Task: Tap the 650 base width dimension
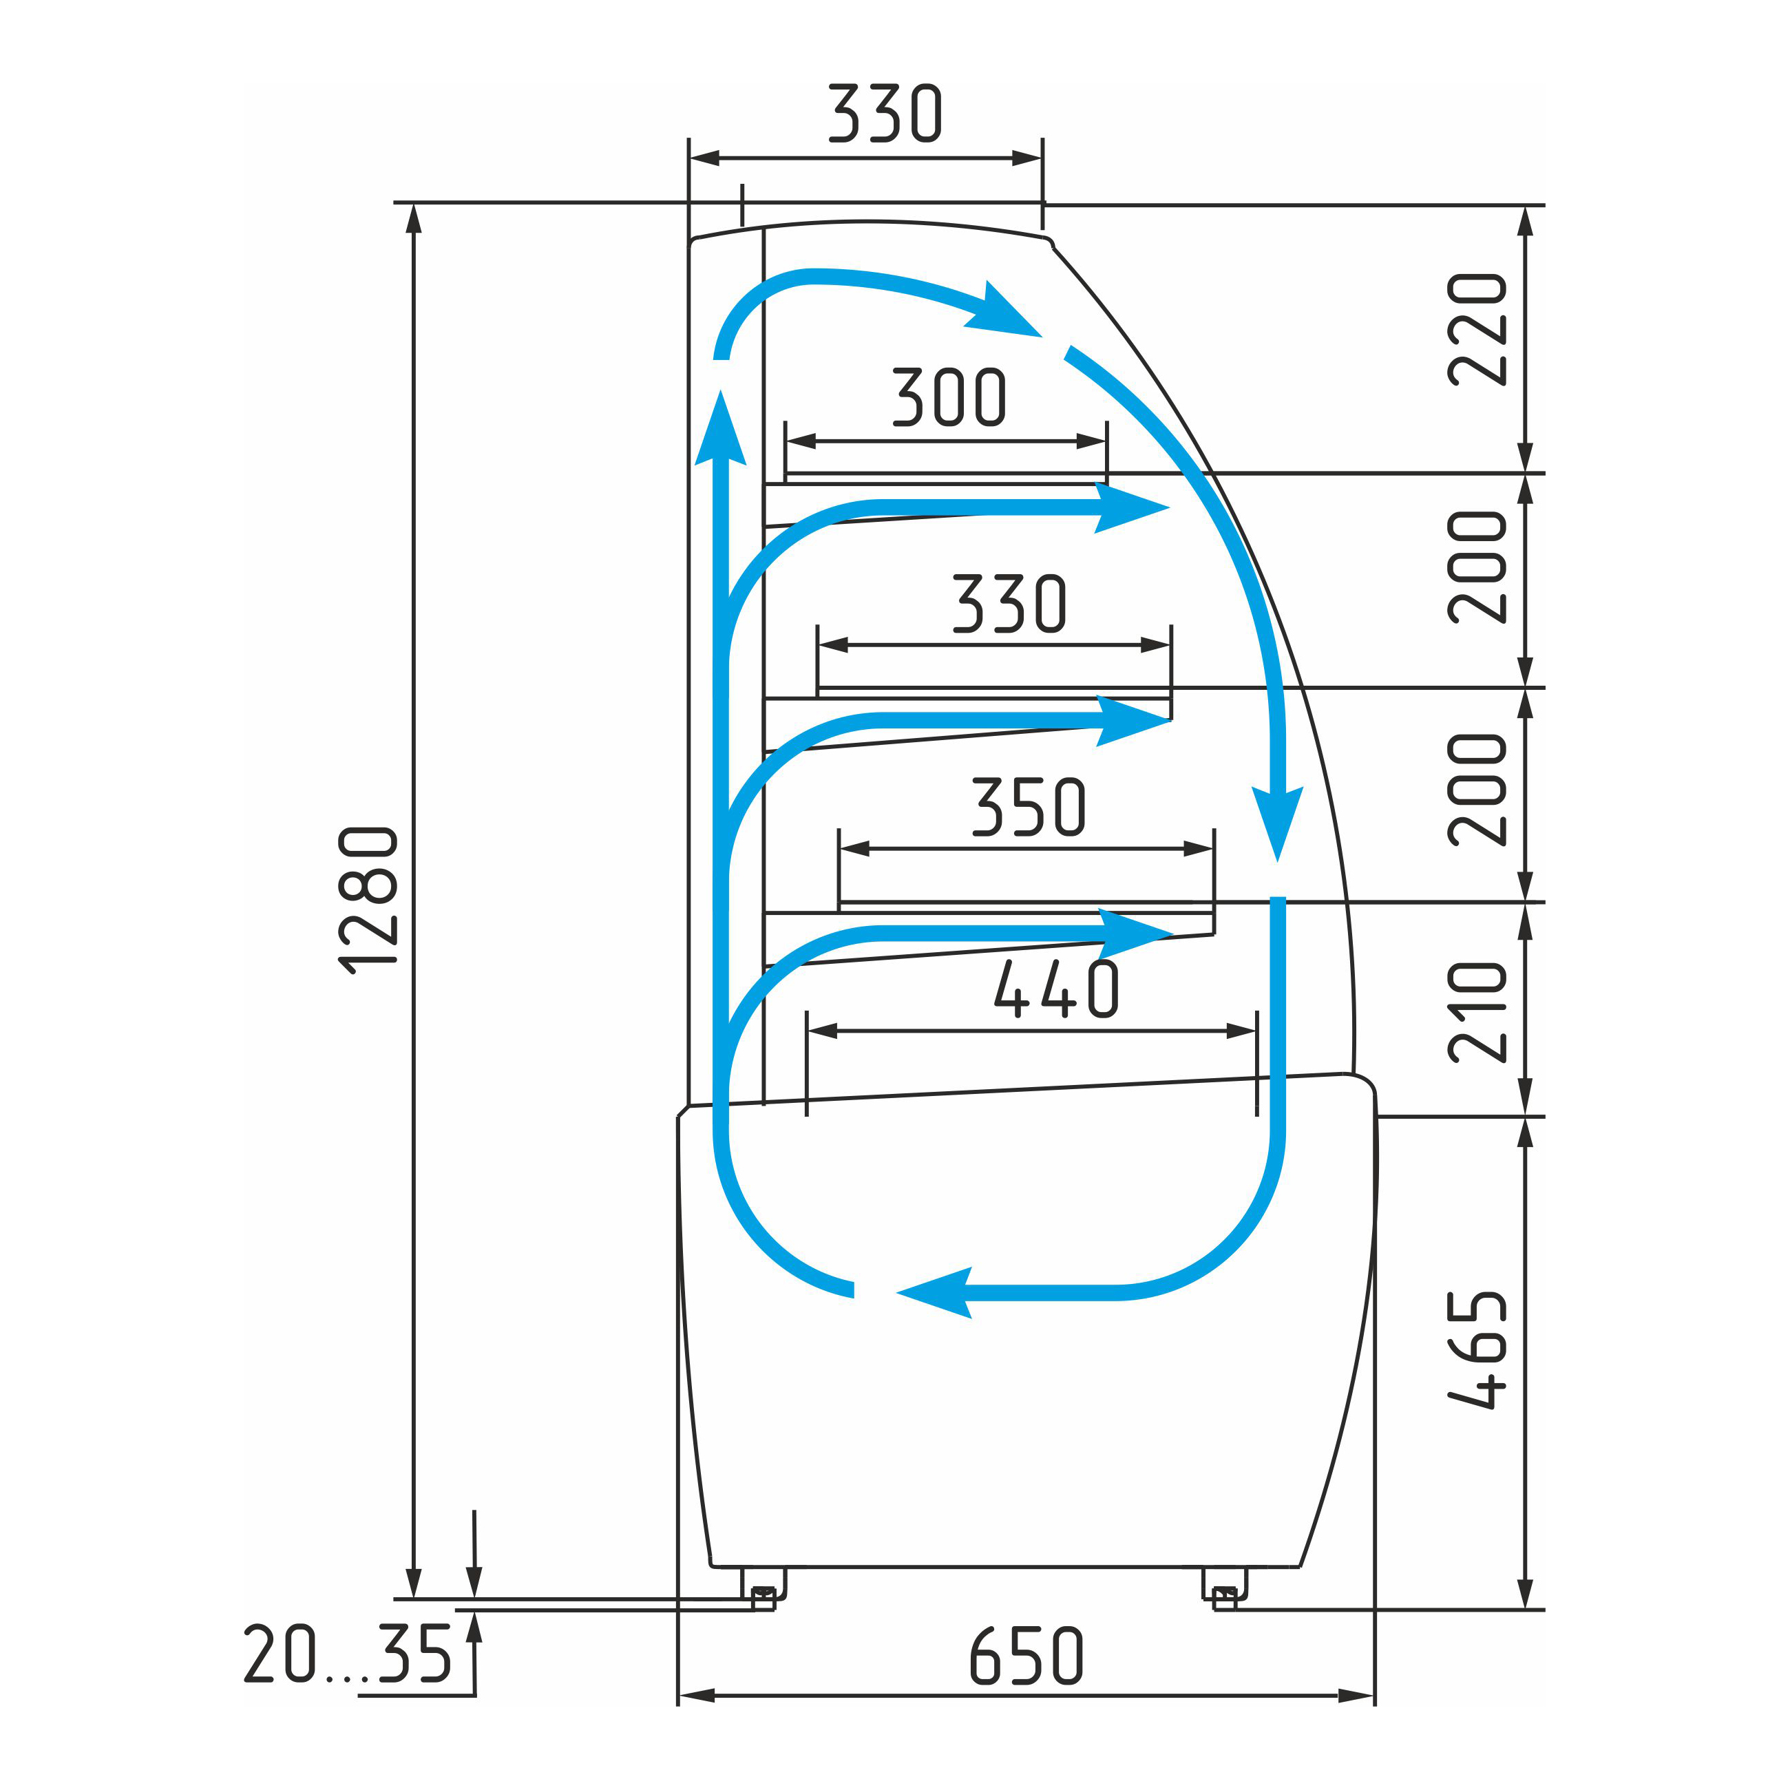tap(1026, 1656)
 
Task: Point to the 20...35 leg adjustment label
tap(348, 1654)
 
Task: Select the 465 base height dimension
tap(1477, 1350)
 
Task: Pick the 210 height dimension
tap(1477, 1012)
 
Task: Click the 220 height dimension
tap(1477, 329)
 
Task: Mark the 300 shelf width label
tap(949, 397)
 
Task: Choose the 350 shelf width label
tap(1029, 806)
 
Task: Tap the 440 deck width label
tap(1056, 989)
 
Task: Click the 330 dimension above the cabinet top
tap(885, 113)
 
